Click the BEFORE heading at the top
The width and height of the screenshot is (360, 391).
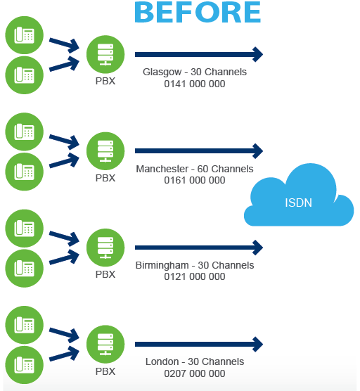coord(198,12)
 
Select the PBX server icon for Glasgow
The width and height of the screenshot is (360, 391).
coord(105,54)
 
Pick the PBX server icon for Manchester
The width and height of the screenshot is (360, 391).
coord(105,151)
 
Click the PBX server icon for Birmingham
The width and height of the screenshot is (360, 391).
coord(105,248)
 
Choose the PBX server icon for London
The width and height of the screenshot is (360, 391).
coord(105,345)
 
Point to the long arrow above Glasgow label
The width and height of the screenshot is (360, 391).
coord(199,54)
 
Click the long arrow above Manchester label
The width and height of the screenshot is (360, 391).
coord(199,151)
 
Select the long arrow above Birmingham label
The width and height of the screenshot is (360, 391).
coord(199,248)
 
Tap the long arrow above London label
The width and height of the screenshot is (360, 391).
coord(199,345)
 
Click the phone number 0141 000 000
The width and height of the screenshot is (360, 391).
coord(195,84)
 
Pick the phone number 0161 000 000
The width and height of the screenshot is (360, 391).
coord(195,180)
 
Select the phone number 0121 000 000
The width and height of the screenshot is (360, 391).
coord(195,276)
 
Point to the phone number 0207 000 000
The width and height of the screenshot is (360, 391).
coord(195,373)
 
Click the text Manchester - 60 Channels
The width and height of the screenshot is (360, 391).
coord(195,169)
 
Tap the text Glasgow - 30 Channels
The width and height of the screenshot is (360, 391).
coord(195,72)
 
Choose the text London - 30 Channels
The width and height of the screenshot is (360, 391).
coord(195,361)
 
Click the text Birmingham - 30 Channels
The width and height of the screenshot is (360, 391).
coord(195,266)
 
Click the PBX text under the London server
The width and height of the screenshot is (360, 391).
coord(105,371)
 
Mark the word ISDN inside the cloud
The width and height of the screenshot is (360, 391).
coord(298,203)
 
